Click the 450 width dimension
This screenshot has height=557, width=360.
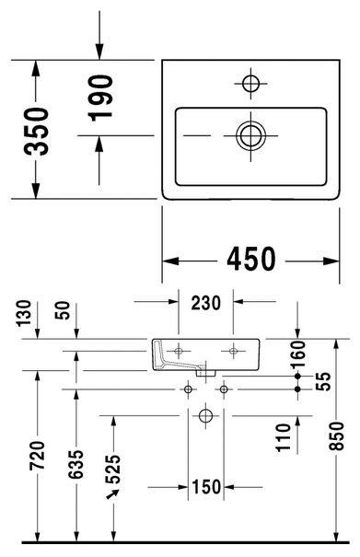251,259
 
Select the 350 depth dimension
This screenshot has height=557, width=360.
36,131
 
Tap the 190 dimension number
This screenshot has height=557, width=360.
100,98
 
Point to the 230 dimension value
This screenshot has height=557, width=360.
205,304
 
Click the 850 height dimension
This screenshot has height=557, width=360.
336,436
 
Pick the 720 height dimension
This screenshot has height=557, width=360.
38,455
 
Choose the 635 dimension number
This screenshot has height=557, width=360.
75,464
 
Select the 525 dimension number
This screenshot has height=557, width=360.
113,470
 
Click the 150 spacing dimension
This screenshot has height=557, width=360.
206,487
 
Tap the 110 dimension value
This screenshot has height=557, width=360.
284,437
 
